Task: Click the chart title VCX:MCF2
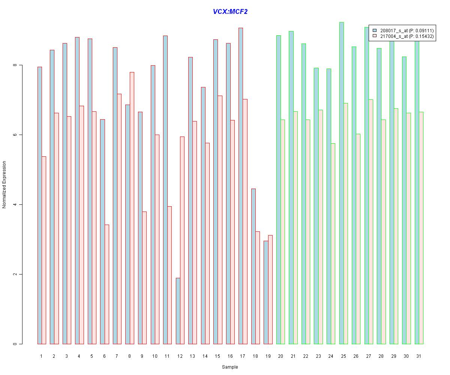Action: pos(230,12)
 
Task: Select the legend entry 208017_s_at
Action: pos(406,30)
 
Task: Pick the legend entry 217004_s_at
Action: pos(406,36)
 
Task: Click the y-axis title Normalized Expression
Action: pos(4,184)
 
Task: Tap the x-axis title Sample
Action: pos(230,367)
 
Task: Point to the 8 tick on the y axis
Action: pos(15,65)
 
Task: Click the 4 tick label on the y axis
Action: pos(15,205)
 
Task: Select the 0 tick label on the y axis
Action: pos(15,344)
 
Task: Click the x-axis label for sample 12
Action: pos(180,356)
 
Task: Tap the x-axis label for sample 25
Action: pos(343,356)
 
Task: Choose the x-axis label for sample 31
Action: pos(419,356)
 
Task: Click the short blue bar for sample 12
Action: pos(178,311)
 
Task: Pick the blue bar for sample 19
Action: pos(266,292)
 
